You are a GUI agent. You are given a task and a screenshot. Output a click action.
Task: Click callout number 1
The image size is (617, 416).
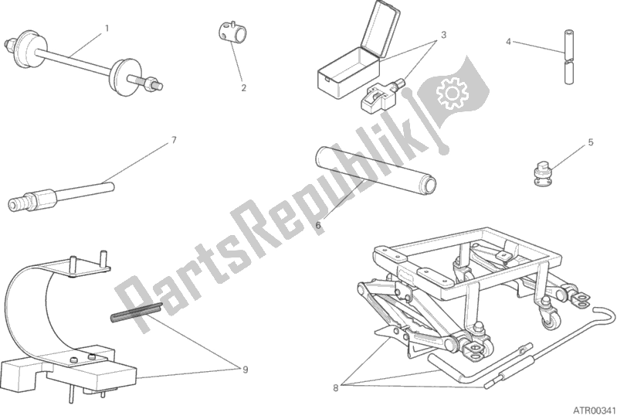pos(107,29)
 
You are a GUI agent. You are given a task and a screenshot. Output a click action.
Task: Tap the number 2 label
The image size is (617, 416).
pos(243,88)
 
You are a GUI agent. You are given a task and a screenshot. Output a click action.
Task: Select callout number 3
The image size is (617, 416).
pos(443,35)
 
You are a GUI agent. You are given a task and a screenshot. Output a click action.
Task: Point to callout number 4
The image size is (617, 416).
pos(508,41)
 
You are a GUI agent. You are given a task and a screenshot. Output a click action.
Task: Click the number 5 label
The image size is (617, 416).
pos(591,142)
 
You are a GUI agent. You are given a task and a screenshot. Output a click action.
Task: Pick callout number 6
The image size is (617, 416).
pos(318,225)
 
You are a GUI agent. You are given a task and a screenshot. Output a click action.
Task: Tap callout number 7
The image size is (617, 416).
pos(174,140)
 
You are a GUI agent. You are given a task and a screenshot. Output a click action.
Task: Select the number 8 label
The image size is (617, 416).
pos(336,388)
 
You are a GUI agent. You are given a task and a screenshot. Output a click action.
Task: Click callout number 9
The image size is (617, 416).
pos(245,370)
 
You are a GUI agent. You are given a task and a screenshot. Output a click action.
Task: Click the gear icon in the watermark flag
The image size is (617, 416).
pos(452,93)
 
